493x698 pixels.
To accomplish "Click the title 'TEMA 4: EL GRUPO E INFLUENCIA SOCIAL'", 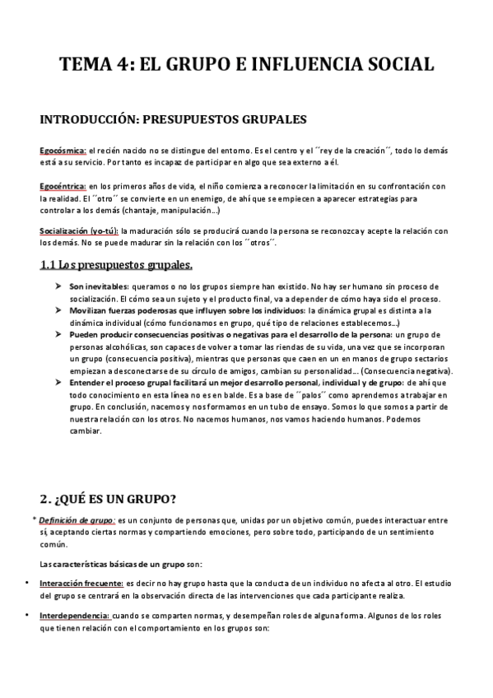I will (246, 65).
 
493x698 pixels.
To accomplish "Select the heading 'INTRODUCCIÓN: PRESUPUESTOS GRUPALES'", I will (173, 120).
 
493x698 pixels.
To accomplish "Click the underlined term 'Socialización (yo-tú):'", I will (79, 230).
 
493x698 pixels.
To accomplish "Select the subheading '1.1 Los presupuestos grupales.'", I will (117, 265).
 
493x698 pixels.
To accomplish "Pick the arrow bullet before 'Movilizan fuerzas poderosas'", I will (58, 310).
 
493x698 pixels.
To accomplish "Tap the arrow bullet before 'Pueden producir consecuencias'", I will (58, 335).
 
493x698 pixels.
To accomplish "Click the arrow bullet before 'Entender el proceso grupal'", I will (58, 384).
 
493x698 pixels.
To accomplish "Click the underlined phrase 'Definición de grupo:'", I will (79, 521).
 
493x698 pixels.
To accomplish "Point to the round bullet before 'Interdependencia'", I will (29, 616).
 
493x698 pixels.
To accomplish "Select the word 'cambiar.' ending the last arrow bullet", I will (86, 431).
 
